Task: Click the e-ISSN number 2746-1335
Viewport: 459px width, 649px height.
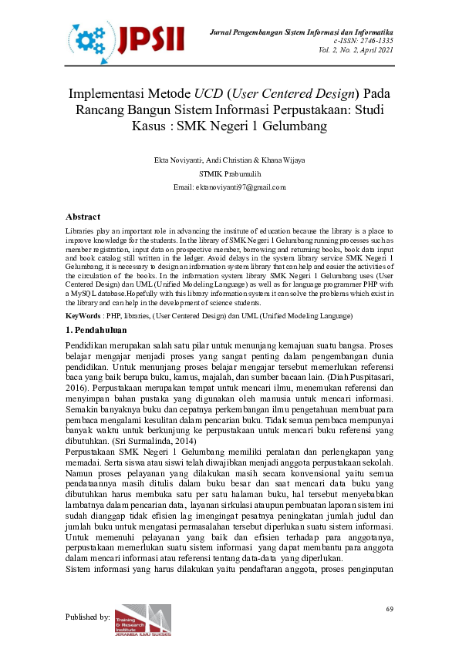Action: click(x=373, y=40)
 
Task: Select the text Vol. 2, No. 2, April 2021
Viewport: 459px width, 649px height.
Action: click(x=355, y=50)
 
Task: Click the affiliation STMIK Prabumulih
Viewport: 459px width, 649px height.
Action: click(x=229, y=173)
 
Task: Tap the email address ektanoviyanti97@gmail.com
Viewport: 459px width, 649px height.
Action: click(x=240, y=187)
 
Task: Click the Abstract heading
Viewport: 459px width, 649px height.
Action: click(x=84, y=217)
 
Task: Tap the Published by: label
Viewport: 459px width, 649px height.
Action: click(x=87, y=617)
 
